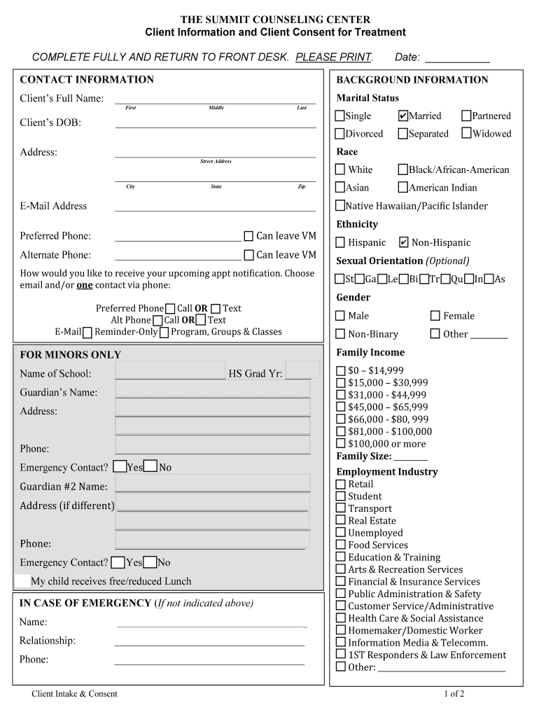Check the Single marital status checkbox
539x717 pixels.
[340, 116]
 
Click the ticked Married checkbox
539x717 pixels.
[403, 116]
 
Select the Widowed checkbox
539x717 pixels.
[467, 133]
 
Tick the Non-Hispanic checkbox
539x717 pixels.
[403, 242]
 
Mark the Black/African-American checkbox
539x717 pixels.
[403, 169]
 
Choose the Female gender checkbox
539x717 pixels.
[435, 316]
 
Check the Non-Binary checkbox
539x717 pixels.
[341, 334]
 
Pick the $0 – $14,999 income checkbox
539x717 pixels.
[341, 370]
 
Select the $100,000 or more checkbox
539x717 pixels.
[341, 443]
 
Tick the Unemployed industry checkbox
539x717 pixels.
[341, 533]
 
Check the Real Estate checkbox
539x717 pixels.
[341, 520]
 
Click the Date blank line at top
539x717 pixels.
[457, 58]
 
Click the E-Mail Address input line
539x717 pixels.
[215, 206]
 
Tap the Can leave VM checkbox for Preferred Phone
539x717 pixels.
[248, 236]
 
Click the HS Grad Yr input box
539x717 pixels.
[302, 370]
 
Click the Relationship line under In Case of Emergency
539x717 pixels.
[209, 641]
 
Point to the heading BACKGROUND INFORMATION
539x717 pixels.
[412, 80]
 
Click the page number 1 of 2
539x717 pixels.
[454, 694]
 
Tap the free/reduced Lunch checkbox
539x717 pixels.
[22, 580]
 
